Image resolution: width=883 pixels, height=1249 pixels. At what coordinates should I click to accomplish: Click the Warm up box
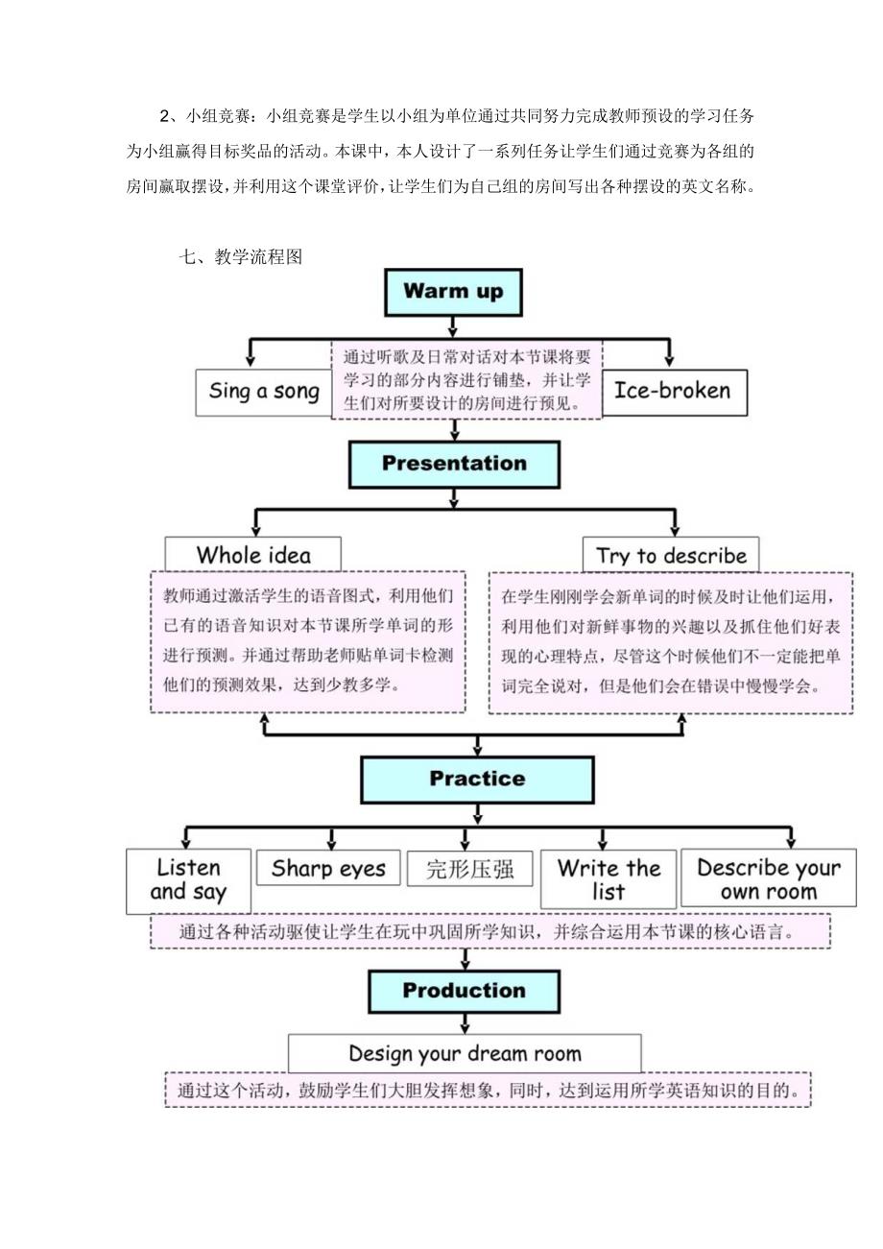pos(453,292)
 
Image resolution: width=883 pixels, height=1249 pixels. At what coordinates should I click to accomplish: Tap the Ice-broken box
pos(673,391)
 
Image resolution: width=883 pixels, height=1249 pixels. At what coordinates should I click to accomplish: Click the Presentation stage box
pos(454,464)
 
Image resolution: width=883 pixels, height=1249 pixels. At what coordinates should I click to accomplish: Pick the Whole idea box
pos(253,555)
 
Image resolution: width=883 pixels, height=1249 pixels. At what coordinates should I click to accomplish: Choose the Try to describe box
pos(671,555)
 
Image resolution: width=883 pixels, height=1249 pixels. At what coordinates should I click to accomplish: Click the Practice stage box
pos(477,779)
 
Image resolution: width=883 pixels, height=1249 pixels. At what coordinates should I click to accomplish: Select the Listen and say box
pos(188,880)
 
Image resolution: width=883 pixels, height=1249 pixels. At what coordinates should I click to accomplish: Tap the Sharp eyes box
pos(328,869)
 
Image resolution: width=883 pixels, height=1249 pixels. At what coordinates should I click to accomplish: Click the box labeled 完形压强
pos(469,869)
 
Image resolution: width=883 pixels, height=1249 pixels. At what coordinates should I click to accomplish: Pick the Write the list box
pos(609,878)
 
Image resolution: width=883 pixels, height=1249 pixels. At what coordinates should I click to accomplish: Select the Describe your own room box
pos(768,878)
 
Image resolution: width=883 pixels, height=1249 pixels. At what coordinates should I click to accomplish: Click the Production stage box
pos(465,991)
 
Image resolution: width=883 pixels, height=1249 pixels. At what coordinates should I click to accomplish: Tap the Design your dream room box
pos(465,1053)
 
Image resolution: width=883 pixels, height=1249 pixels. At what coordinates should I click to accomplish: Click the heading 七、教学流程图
pos(240,256)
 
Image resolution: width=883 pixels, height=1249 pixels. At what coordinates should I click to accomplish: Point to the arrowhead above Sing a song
pos(251,359)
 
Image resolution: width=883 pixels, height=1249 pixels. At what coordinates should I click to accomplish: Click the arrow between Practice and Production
pos(465,959)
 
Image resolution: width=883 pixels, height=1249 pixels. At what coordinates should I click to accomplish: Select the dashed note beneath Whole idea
pos(308,642)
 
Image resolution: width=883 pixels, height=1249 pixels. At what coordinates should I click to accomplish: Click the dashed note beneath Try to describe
pos(671,642)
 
